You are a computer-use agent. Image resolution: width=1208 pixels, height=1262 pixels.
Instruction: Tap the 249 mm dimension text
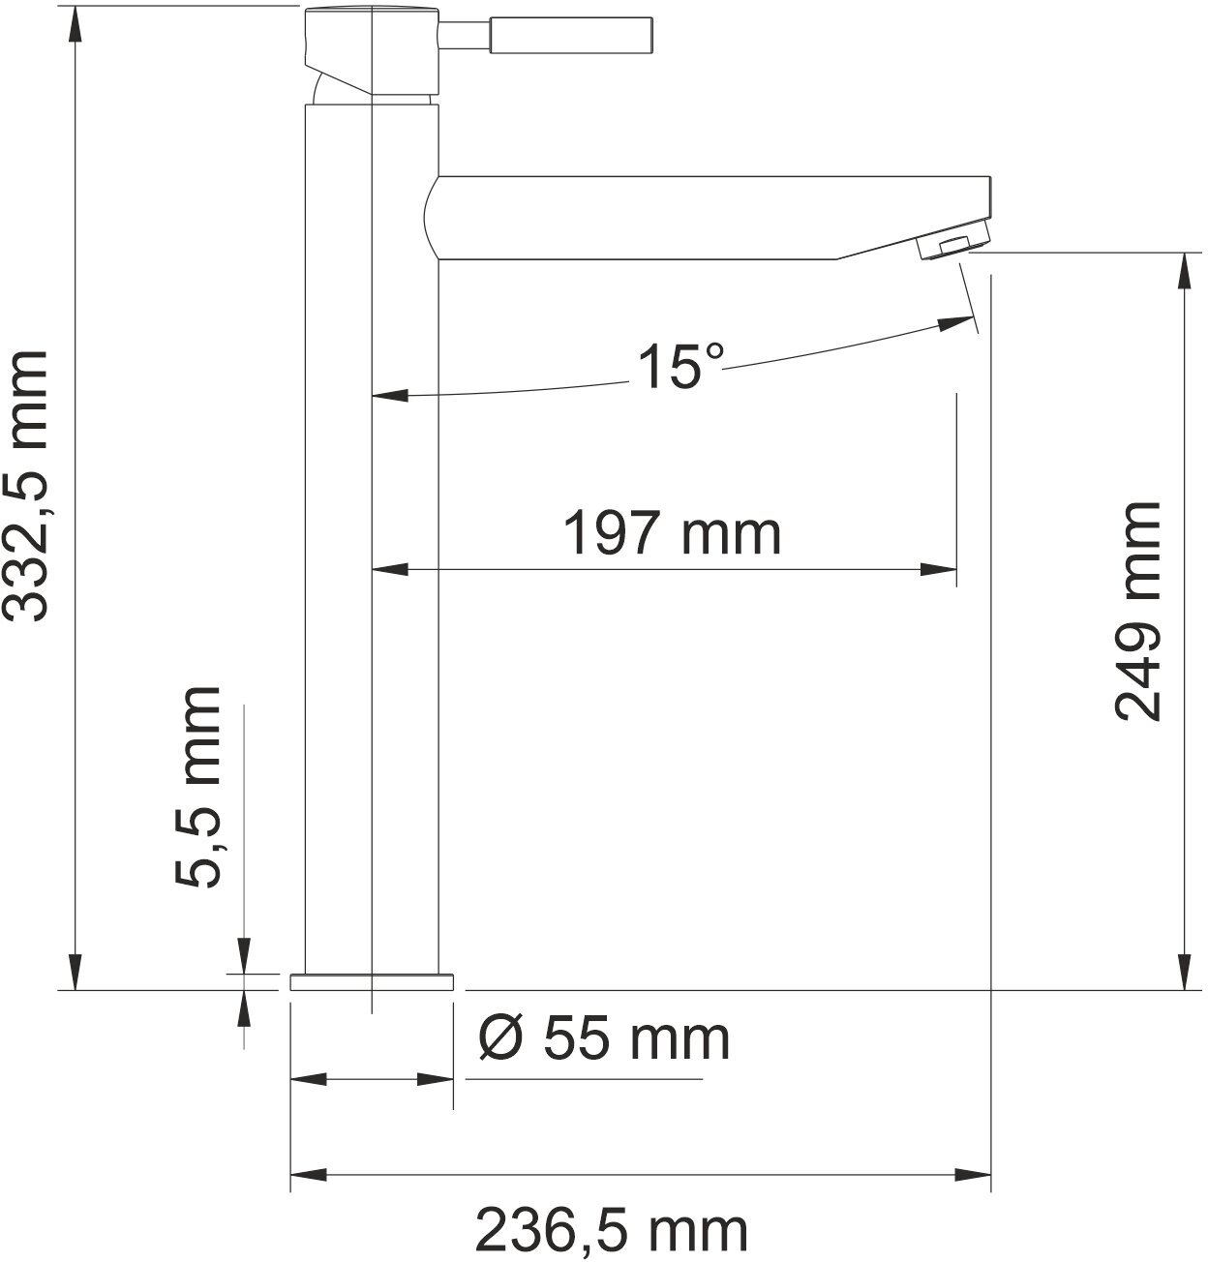pyautogui.click(x=1136, y=611)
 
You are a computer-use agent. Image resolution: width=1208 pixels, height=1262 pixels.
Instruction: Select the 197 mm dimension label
pyautogui.click(x=673, y=532)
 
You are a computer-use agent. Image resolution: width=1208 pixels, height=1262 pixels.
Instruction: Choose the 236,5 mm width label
pyautogui.click(x=611, y=1230)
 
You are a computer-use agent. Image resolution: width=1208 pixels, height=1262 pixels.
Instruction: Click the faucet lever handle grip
pyautogui.click(x=571, y=35)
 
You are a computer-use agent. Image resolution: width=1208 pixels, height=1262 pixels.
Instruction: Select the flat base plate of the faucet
pyautogui.click(x=372, y=982)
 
